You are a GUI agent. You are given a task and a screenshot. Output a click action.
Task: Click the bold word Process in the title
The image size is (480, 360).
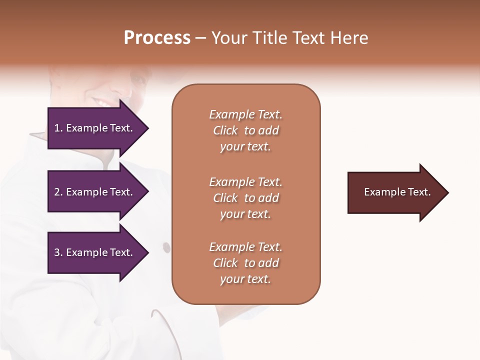157,38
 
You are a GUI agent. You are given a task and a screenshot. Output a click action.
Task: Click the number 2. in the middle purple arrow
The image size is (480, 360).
58,192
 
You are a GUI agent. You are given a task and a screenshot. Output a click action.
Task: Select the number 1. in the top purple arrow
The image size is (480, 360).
58,128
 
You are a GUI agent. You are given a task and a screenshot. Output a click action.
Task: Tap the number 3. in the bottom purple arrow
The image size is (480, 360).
58,252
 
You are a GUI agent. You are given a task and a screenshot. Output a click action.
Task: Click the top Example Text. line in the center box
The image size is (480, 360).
245,114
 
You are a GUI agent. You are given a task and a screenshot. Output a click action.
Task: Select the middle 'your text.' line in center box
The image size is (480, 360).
245,214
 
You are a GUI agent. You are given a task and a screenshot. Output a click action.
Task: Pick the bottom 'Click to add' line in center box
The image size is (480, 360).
245,263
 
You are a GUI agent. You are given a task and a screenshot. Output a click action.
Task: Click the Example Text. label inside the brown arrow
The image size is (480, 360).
397,192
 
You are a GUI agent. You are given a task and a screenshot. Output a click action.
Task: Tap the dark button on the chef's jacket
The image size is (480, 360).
166,247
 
